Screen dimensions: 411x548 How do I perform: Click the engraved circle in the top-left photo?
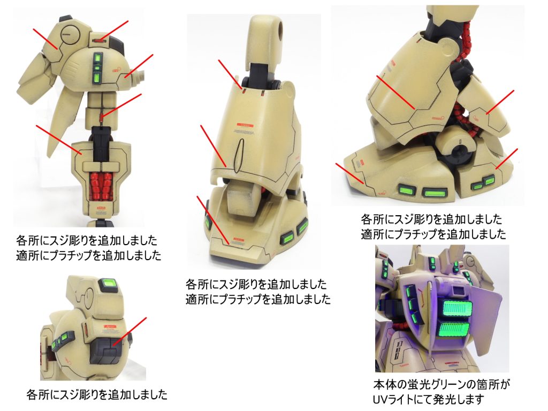(x=68, y=35)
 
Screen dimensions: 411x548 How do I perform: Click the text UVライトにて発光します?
(x=428, y=399)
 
